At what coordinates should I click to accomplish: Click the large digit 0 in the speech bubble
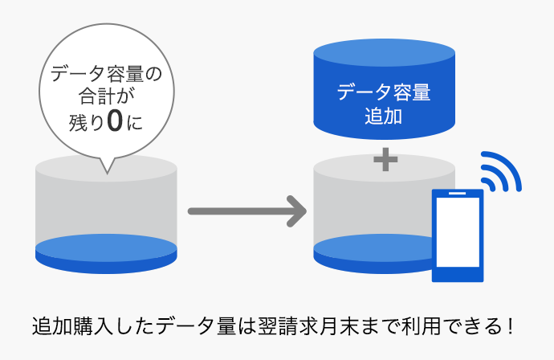click(116, 123)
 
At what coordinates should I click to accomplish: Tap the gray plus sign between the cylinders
click(385, 160)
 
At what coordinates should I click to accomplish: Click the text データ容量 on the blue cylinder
click(384, 92)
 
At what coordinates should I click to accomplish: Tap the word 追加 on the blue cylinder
click(383, 117)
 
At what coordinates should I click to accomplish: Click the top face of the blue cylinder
click(384, 51)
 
